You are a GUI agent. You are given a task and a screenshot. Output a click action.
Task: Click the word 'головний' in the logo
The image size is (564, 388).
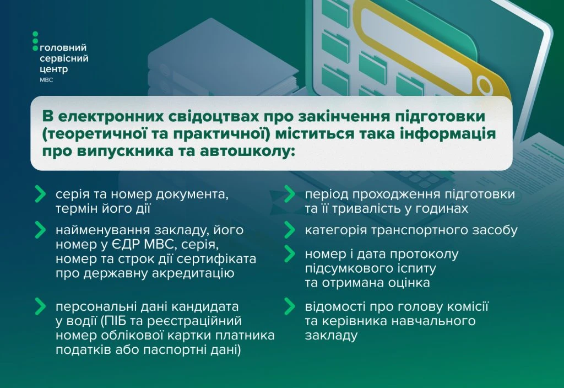click(63, 48)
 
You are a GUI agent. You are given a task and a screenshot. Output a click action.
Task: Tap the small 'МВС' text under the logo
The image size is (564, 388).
click(46, 80)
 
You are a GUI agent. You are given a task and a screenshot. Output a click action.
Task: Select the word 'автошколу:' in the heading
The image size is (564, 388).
click(247, 151)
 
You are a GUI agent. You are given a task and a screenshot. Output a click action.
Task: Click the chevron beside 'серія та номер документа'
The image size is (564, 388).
click(40, 195)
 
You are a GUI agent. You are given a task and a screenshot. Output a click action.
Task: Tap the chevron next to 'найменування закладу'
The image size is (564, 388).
click(40, 230)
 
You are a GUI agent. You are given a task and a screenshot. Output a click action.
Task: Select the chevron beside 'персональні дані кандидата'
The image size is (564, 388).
click(40, 306)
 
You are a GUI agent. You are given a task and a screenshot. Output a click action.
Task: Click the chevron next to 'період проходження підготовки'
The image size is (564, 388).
click(290, 195)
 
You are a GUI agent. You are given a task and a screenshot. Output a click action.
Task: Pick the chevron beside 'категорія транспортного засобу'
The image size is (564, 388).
click(290, 230)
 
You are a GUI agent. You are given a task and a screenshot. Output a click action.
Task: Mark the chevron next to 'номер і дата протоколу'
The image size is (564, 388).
click(290, 254)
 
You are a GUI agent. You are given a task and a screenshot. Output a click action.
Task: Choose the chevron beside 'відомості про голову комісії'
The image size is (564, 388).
click(290, 306)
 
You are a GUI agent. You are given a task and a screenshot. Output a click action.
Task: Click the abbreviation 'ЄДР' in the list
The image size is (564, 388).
click(122, 244)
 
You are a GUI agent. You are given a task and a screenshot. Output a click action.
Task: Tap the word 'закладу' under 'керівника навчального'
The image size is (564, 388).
click(331, 336)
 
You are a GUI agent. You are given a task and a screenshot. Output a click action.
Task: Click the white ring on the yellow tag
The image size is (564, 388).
click(485, 86)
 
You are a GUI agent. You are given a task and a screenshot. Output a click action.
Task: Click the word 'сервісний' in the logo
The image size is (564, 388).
click(64, 58)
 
